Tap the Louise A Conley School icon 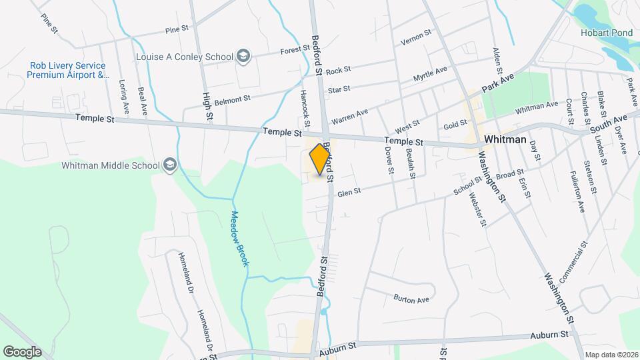(x=244, y=56)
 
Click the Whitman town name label (x=505, y=140)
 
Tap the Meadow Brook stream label (x=239, y=239)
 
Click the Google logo (x=23, y=351)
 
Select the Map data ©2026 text (x=611, y=355)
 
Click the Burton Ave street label (x=411, y=299)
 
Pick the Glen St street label (x=349, y=192)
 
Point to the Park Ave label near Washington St (x=499, y=83)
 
